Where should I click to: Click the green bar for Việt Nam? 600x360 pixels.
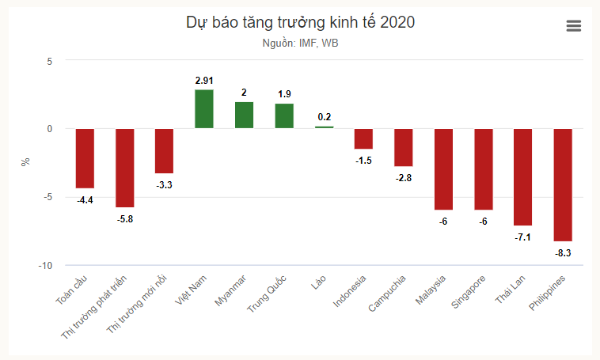coord(203,108)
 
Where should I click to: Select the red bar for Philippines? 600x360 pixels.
coord(563,184)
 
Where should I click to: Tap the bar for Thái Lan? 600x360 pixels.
coord(522,176)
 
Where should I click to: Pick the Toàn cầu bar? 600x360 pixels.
coord(85,158)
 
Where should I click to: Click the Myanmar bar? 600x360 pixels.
coord(244,115)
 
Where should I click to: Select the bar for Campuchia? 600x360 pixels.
coord(403,147)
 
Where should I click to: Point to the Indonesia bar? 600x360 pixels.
coord(363,138)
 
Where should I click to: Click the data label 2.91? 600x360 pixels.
coord(204,81)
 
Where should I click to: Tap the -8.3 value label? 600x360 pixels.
coord(563,253)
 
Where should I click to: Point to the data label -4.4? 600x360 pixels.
coord(85,200)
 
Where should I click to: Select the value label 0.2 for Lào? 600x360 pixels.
coord(324,117)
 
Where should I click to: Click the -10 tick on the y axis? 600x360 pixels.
coord(45,266)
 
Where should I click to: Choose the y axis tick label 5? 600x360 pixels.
coord(49,61)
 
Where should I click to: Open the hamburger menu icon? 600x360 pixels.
coord(574,26)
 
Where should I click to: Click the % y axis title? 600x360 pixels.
coord(26,161)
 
